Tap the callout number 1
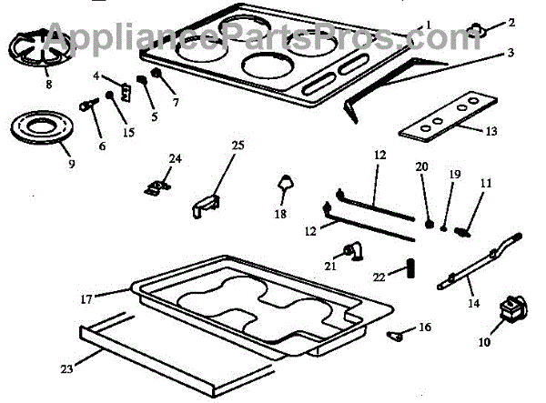429,23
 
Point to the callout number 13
490,131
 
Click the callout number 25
238,146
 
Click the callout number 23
65,369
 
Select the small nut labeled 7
157,72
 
